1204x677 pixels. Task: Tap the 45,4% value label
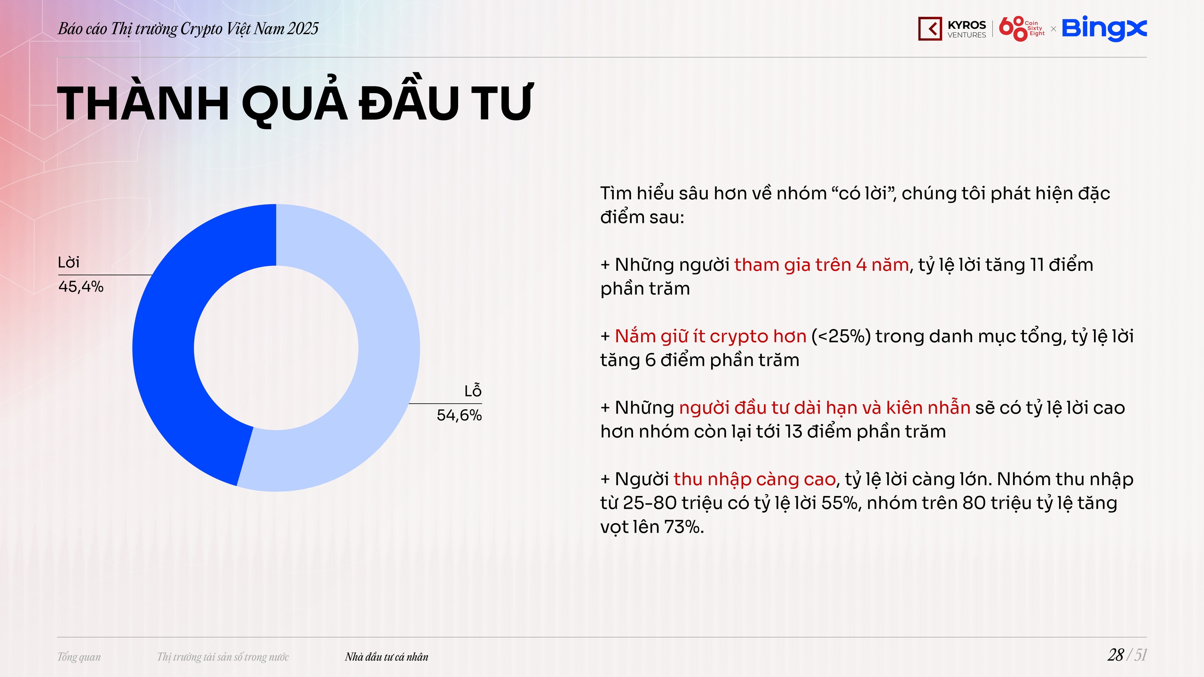click(x=81, y=287)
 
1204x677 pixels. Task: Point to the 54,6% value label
click(x=459, y=415)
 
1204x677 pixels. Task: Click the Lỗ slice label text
click(x=473, y=391)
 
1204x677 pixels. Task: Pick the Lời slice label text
click(x=69, y=262)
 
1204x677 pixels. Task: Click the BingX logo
click(x=1104, y=29)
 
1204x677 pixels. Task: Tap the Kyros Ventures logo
click(x=952, y=29)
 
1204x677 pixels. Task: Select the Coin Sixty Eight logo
click(x=1022, y=29)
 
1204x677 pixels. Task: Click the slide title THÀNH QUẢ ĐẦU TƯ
click(x=295, y=102)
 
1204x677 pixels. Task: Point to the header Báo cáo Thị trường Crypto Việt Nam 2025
click(x=188, y=29)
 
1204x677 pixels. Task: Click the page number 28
click(x=1116, y=655)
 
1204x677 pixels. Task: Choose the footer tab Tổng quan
click(x=79, y=657)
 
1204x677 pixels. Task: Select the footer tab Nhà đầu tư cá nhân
click(x=387, y=657)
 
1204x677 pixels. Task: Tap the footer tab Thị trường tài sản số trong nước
click(x=223, y=657)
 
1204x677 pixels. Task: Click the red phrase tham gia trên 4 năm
click(x=821, y=265)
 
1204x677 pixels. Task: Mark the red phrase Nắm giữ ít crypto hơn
click(x=711, y=337)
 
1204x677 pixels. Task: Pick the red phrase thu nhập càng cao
click(x=754, y=480)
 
